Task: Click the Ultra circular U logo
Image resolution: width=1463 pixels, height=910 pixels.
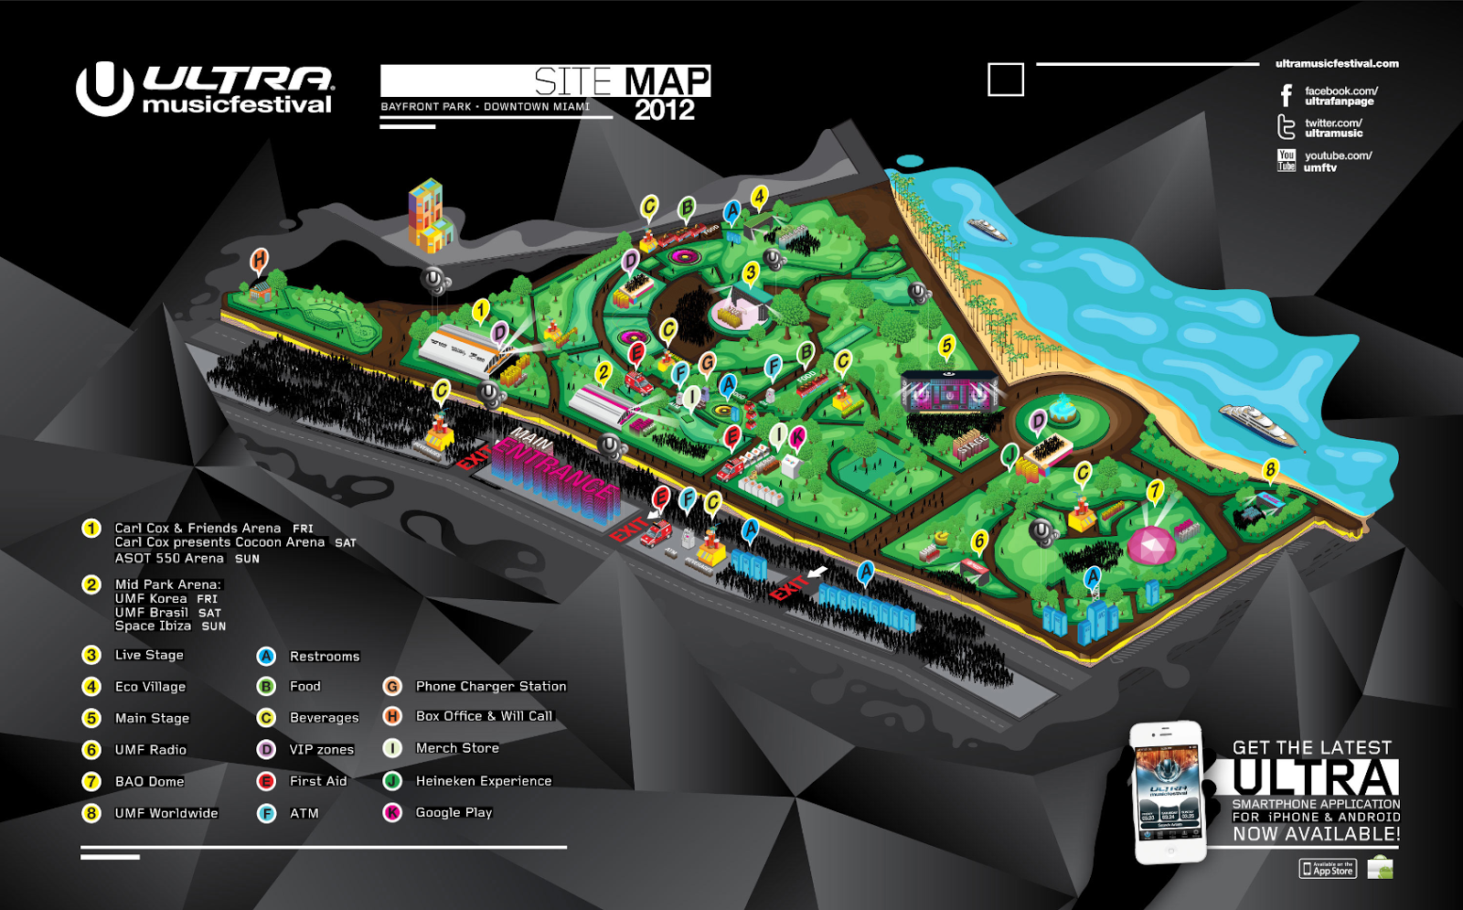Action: click(x=104, y=89)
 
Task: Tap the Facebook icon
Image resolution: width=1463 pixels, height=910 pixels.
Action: click(x=1287, y=95)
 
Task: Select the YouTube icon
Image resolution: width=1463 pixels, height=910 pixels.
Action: click(x=1287, y=161)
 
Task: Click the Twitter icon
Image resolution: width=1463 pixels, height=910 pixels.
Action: click(x=1287, y=127)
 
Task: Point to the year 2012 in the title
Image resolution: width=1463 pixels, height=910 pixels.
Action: click(x=665, y=111)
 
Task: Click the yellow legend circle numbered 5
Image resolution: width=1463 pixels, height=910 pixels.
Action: click(x=91, y=718)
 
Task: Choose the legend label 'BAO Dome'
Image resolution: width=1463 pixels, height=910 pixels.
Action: click(x=149, y=781)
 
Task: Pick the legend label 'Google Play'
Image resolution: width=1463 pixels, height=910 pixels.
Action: click(x=454, y=812)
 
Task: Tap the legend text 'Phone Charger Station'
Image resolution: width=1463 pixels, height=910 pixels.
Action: click(x=491, y=686)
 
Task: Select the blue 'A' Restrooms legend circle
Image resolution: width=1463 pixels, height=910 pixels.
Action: click(x=266, y=656)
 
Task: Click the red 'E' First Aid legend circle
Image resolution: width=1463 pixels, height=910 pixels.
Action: click(x=266, y=781)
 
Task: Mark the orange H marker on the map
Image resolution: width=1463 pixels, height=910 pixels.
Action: click(x=260, y=260)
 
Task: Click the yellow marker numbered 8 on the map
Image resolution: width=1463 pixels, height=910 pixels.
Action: click(x=1270, y=470)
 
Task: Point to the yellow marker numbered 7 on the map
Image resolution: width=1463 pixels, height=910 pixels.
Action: click(x=1156, y=491)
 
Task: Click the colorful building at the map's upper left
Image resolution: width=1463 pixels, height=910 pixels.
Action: click(x=428, y=216)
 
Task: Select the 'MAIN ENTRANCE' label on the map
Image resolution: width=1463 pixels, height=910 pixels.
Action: click(x=553, y=471)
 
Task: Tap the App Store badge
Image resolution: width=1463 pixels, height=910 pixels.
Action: click(x=1328, y=869)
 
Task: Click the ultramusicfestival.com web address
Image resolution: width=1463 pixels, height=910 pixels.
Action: click(x=1337, y=64)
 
